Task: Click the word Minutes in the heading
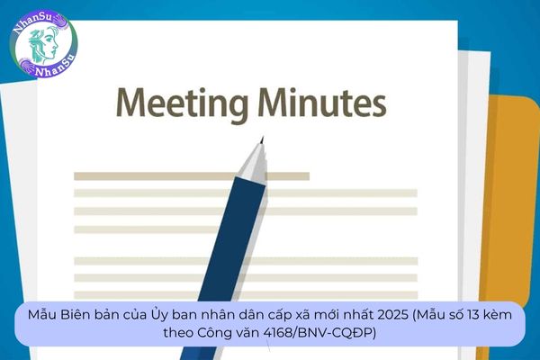(321, 102)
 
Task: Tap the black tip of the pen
(263, 139)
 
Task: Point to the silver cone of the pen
(254, 163)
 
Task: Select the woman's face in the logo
(44, 44)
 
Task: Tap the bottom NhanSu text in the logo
(56, 67)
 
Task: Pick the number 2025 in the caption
(392, 315)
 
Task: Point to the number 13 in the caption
(473, 315)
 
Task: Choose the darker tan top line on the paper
(192, 176)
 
